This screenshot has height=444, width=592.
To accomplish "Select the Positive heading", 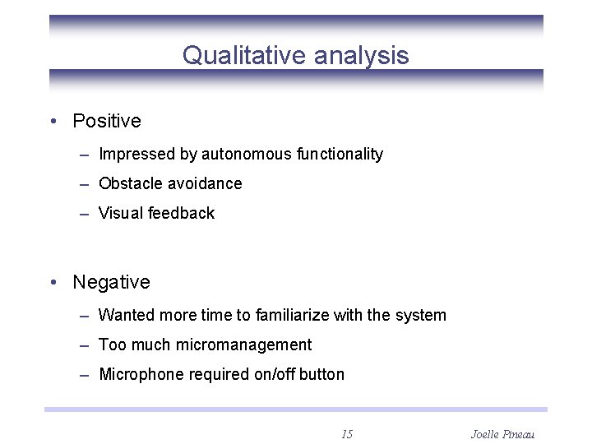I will point(107,121).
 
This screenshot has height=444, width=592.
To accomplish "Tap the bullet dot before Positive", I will point(53,122).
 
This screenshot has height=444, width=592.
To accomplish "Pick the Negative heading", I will point(111,282).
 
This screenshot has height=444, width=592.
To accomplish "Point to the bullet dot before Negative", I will point(53,283).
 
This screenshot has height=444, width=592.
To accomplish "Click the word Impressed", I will point(132,155).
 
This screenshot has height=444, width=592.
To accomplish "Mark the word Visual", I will point(120,213).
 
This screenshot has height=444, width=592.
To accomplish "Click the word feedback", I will point(180,213).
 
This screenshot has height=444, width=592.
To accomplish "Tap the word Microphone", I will point(141,375).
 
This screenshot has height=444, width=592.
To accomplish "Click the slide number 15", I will point(347,433).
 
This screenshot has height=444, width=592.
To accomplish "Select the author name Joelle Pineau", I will point(503,433).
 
